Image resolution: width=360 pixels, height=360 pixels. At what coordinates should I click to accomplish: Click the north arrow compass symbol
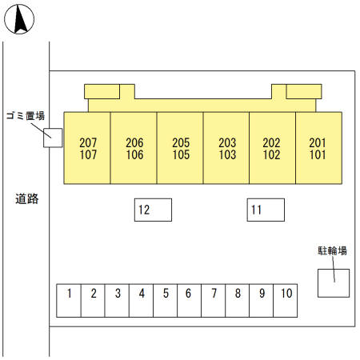(19, 19)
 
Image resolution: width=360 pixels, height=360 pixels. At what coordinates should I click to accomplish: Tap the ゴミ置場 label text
(26, 116)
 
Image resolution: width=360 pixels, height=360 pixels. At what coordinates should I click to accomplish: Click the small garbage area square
(53, 138)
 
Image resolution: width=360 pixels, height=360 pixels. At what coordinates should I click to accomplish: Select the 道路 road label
(26, 199)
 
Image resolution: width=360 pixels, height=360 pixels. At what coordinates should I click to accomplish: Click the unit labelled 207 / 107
(87, 148)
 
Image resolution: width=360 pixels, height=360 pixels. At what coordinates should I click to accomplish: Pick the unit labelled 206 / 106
(134, 148)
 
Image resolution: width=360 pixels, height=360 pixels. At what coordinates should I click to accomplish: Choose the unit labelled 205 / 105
(180, 148)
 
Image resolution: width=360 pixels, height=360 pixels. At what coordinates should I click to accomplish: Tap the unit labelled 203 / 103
(226, 148)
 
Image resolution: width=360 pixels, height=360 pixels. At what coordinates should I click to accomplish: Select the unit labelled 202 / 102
(272, 148)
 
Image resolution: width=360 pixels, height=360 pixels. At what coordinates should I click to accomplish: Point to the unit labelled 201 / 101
(318, 148)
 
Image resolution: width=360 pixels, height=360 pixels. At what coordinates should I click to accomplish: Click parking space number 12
(153, 210)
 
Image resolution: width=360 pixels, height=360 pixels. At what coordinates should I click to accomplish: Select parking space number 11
(266, 210)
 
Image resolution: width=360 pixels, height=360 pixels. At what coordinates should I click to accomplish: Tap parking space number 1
(69, 301)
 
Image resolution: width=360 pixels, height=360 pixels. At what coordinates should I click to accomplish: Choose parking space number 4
(141, 301)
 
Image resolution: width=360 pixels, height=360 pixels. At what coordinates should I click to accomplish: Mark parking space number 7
(214, 301)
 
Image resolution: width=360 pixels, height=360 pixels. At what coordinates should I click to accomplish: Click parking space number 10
(286, 301)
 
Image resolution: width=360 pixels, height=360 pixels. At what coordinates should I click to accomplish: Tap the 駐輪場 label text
(332, 250)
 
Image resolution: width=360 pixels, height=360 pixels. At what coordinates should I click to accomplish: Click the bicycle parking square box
(334, 283)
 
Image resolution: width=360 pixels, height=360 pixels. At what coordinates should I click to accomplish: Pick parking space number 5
(166, 301)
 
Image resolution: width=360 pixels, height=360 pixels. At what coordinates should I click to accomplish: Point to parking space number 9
(262, 301)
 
